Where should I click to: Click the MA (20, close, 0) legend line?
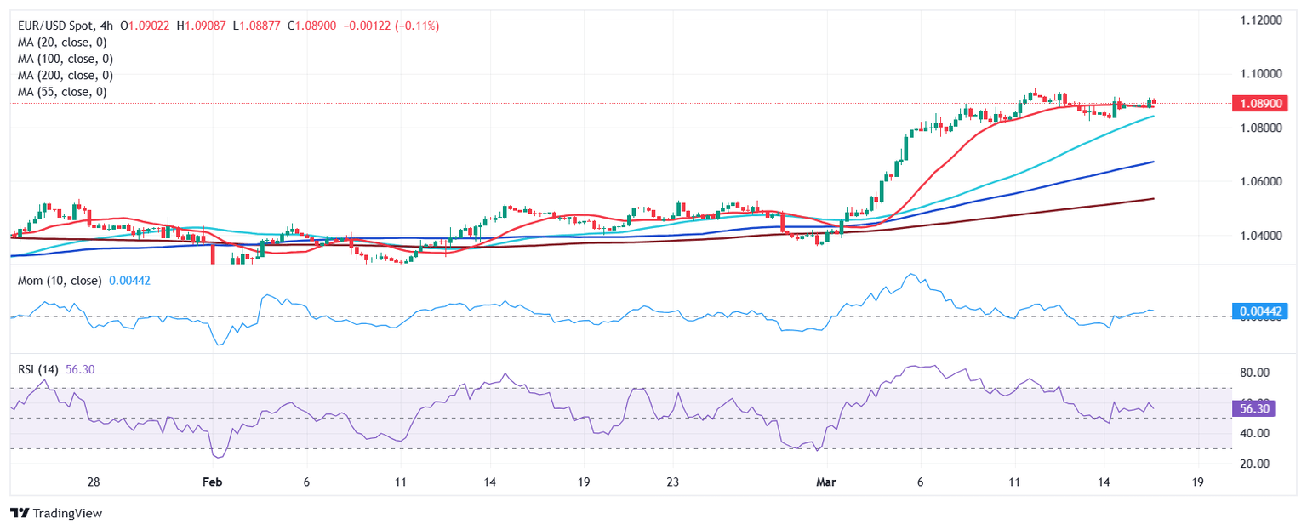pos(64,43)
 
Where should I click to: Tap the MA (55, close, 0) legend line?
pos(64,91)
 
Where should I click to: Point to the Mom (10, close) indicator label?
pos(60,280)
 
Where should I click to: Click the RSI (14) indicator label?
pos(39,369)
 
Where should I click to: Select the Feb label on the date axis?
pos(212,482)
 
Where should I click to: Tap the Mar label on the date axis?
pos(826,482)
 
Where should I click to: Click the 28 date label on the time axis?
pos(94,482)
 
